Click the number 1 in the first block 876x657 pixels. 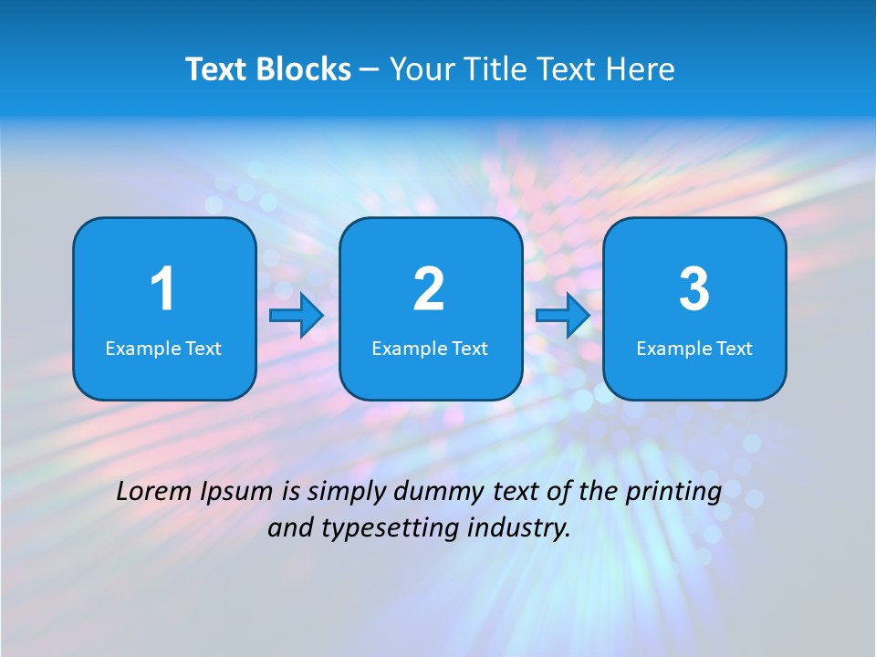[x=162, y=289]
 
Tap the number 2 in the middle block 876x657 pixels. [x=429, y=289]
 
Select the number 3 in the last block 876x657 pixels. [x=694, y=289]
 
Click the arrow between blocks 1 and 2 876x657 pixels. [x=297, y=316]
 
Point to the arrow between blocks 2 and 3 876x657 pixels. [x=563, y=316]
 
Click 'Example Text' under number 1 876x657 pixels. [x=163, y=349]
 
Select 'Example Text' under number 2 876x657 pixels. [x=430, y=349]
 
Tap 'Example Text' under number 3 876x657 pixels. [x=694, y=349]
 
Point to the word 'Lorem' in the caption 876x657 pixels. [x=154, y=492]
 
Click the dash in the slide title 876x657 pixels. [x=370, y=70]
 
